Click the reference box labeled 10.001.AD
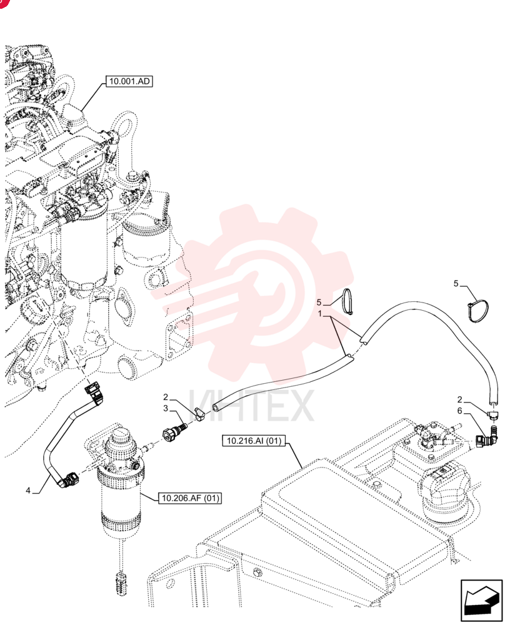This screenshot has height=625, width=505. [129, 81]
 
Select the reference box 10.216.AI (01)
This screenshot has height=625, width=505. [254, 441]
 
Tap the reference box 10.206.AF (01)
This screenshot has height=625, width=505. [190, 498]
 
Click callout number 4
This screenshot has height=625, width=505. [28, 490]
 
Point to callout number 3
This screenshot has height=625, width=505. [166, 409]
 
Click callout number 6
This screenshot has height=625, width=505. [459, 411]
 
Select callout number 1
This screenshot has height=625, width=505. [319, 314]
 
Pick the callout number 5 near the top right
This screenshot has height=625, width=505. [456, 283]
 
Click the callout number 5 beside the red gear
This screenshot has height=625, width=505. [319, 302]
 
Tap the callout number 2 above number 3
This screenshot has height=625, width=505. [166, 397]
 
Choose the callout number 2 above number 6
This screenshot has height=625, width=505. [459, 399]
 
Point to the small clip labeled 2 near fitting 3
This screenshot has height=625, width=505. [199, 414]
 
